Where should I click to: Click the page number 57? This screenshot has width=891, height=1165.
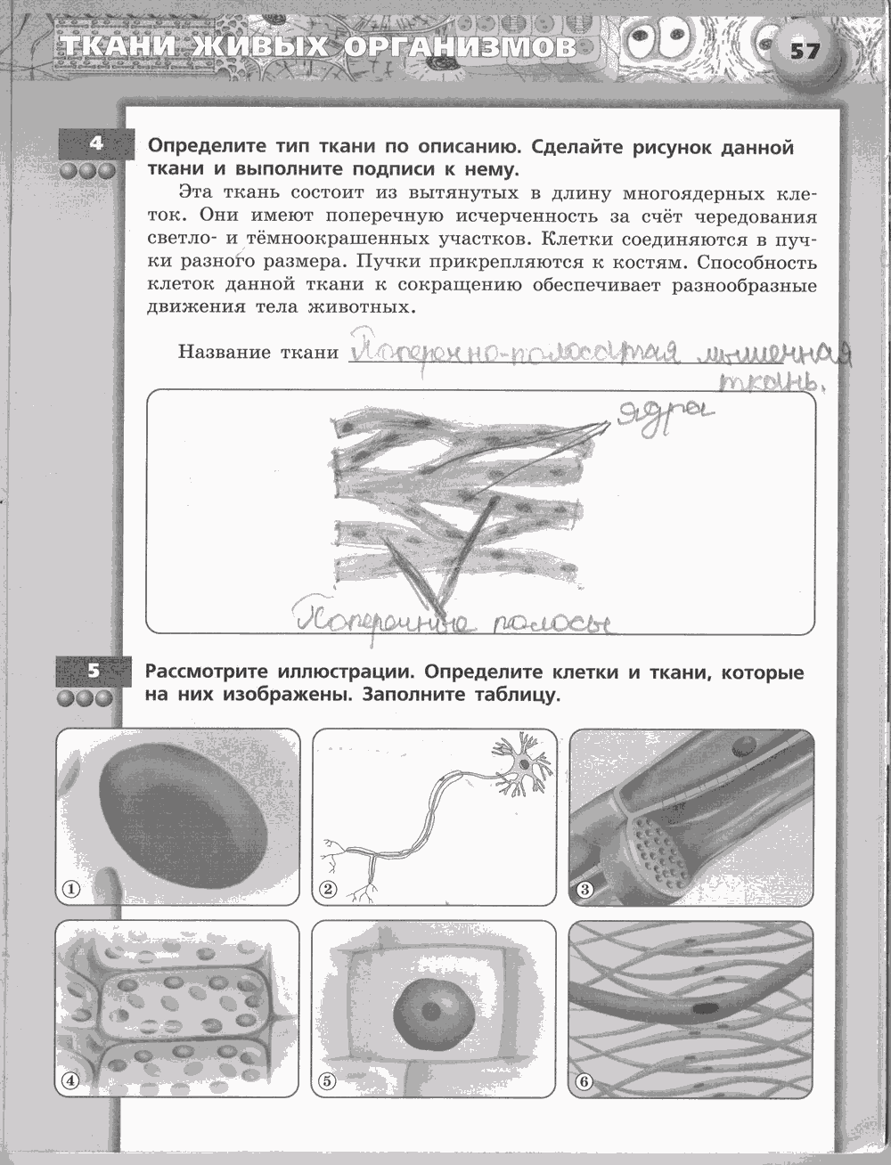tap(805, 51)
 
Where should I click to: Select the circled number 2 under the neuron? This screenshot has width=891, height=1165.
tap(328, 888)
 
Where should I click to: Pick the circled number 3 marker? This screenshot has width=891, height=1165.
tap(585, 888)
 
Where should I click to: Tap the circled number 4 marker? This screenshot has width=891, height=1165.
tap(70, 1081)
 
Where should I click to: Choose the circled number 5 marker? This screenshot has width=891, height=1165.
tap(327, 1081)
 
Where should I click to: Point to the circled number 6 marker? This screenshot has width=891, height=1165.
tap(584, 1081)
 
